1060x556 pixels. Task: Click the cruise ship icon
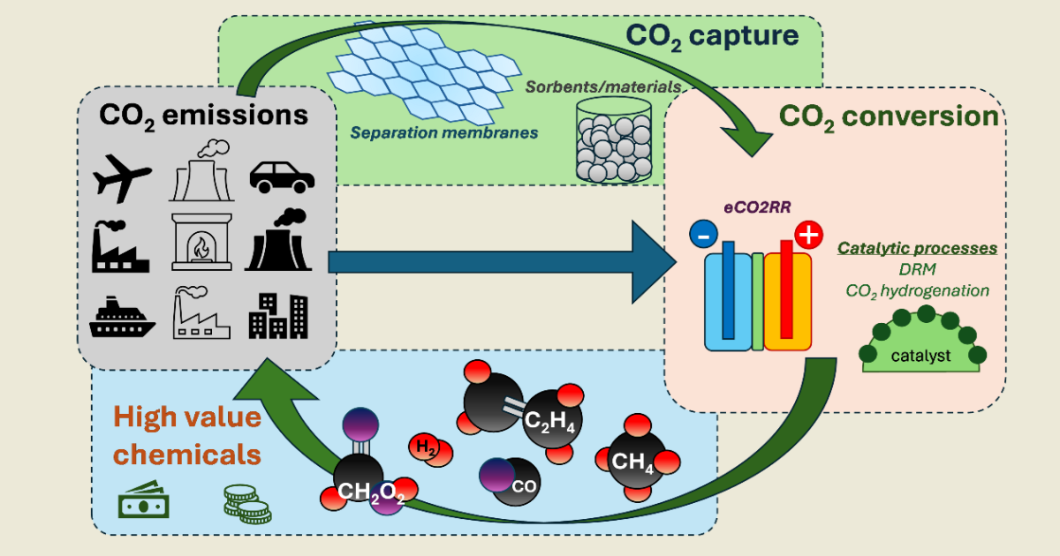point(122,319)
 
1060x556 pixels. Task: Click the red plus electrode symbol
point(808,236)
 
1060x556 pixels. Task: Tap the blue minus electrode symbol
point(703,236)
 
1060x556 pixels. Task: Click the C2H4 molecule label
point(549,423)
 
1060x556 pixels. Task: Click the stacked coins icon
point(245,502)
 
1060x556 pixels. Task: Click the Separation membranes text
point(443,133)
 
